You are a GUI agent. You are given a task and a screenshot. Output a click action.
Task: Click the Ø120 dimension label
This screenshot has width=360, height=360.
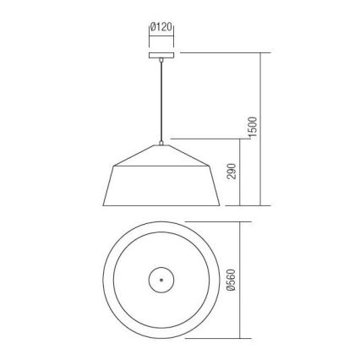pos(161,27)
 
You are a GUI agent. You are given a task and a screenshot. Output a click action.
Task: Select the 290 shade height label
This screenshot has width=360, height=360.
pos(232,172)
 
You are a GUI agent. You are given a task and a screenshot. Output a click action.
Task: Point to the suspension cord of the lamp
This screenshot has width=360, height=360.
pos(160,101)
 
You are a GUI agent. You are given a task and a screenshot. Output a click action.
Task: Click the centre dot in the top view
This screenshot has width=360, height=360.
pos(159,278)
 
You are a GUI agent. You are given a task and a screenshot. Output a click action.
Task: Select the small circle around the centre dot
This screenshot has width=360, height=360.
pos(166,278)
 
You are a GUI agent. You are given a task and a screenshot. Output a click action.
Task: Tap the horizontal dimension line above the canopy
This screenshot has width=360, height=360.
pos(161,36)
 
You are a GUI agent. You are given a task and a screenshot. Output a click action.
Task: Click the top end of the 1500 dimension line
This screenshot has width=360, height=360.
pos(260,53)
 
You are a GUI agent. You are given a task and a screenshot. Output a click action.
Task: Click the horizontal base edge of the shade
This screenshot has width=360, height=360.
pos(160,205)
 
